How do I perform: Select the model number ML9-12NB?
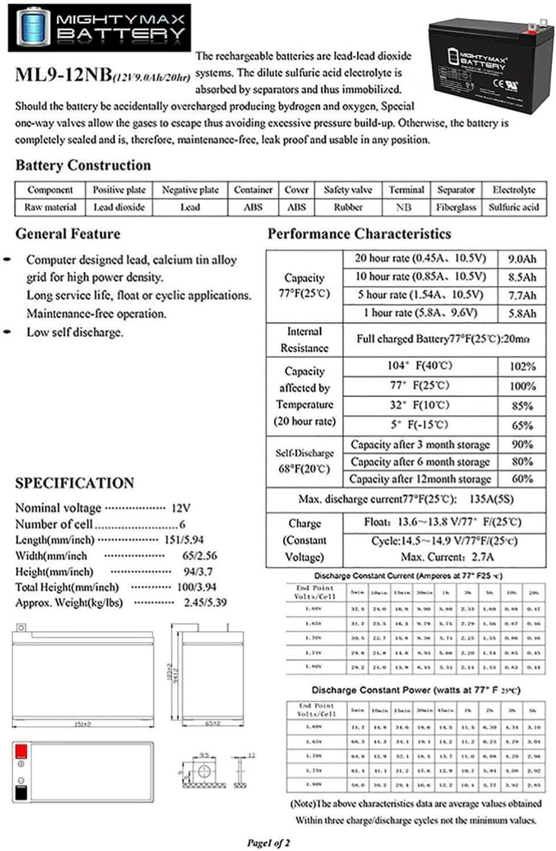pos(64,74)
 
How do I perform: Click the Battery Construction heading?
pos(83,165)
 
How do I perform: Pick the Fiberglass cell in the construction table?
pos(456,207)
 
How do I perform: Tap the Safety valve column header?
pos(348,190)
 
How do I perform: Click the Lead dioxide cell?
pos(119,207)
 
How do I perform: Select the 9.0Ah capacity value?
pos(521,259)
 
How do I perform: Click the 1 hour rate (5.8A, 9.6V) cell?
pos(420,313)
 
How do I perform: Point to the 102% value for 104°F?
pos(522,366)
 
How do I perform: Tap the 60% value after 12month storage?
pos(522,479)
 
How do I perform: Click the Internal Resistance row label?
pos(304,339)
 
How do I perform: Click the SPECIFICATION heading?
pos(74,483)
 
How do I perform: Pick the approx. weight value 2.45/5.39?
pos(205,603)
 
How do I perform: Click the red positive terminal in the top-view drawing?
pos(21,751)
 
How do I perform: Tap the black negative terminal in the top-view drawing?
pos(20,793)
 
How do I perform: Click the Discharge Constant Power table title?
pos(415,690)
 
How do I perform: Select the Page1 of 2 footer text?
pos(268,842)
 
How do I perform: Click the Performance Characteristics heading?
pos(359,234)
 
